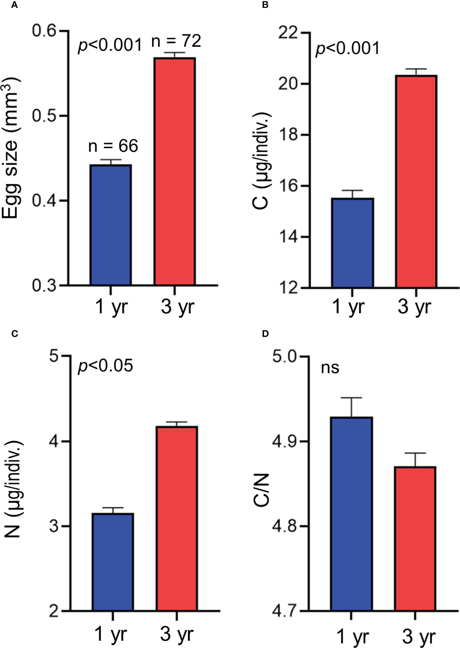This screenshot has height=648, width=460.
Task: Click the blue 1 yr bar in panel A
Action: tap(111, 225)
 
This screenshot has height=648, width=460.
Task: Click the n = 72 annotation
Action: tap(176, 41)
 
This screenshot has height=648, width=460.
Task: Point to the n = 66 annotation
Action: tap(113, 146)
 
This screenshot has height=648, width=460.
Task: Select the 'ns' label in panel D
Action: tap(330, 368)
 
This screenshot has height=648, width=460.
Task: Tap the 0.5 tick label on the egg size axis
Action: tap(44, 116)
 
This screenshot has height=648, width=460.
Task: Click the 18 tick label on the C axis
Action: tap(288, 135)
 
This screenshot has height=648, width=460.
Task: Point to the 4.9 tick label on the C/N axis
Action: tap(285, 442)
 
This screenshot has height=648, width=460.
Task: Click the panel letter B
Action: tap(265, 5)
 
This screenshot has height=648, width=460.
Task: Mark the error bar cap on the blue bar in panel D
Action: tap(352, 398)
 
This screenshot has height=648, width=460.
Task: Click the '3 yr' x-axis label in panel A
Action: tap(177, 307)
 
